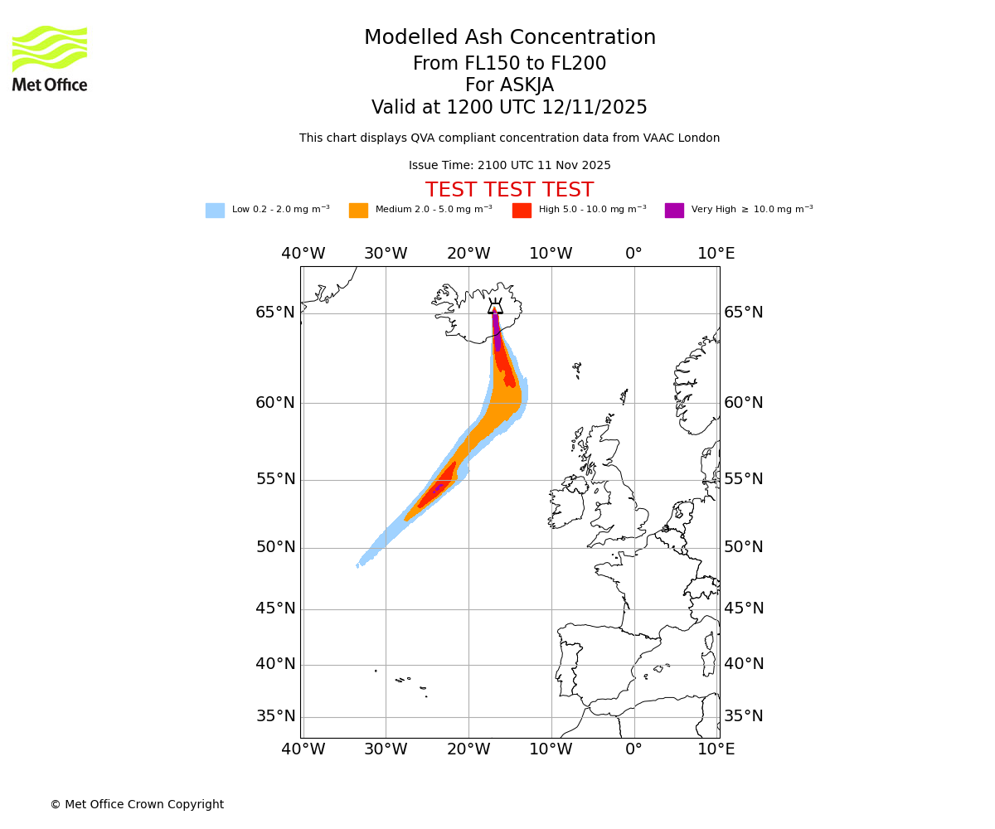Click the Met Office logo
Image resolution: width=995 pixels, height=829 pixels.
[50, 58]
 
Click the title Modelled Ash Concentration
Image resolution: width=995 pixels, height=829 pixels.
[509, 38]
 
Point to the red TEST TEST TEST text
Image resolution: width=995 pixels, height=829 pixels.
[509, 191]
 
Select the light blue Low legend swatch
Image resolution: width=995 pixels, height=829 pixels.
[215, 211]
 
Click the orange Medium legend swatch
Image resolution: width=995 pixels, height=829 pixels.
[358, 211]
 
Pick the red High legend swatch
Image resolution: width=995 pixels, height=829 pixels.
[522, 211]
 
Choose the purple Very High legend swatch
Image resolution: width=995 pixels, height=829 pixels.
[674, 211]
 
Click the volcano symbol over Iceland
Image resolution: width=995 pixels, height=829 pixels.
[495, 307]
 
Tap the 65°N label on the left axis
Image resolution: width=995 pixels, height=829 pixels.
[275, 313]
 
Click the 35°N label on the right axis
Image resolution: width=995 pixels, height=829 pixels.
[744, 716]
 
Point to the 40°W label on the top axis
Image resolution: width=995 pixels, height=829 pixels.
[303, 254]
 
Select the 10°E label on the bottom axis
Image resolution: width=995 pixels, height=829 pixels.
[716, 749]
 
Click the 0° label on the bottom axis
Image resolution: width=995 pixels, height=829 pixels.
[634, 749]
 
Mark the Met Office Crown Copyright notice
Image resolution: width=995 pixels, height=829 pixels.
[137, 805]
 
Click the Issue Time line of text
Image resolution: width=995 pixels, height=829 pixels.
[509, 166]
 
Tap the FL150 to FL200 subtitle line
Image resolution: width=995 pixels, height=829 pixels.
[509, 64]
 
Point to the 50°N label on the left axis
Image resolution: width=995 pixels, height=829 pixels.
[275, 547]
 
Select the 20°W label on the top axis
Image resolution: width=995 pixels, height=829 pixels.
[468, 254]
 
